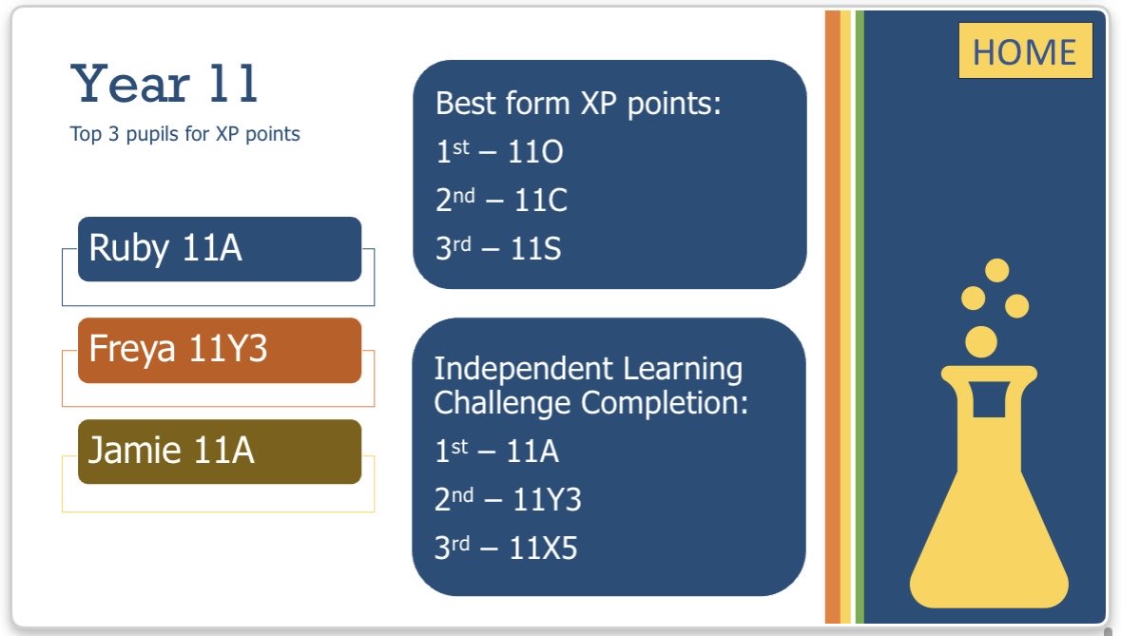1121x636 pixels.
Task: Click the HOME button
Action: click(1024, 50)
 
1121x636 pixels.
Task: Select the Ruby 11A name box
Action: click(220, 249)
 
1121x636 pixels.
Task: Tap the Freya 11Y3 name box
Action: click(220, 350)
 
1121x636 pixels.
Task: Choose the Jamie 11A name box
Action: click(220, 451)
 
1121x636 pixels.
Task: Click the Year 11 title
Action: click(164, 84)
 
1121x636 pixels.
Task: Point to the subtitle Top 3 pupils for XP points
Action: click(184, 134)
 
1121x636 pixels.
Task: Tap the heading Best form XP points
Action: click(579, 103)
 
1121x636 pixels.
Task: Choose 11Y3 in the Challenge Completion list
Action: click(547, 499)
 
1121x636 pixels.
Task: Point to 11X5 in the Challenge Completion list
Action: click(544, 549)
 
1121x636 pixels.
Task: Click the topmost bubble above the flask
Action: click(996, 270)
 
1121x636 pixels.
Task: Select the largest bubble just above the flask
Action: click(981, 340)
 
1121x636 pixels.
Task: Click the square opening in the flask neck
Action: click(989, 399)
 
